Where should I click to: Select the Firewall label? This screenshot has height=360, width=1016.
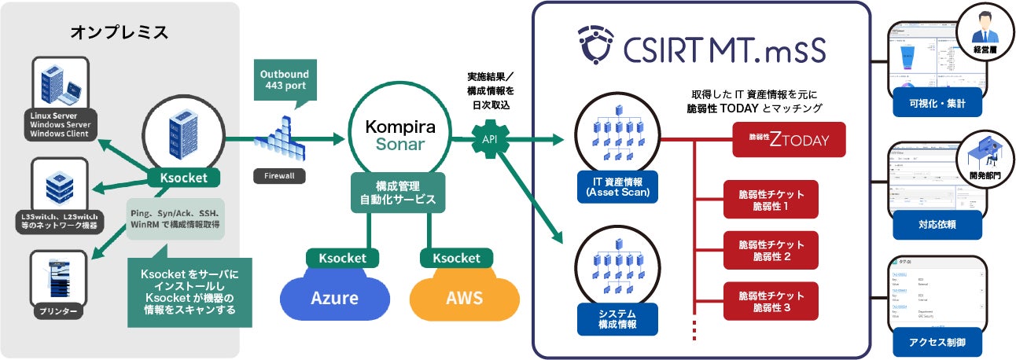click(274, 176)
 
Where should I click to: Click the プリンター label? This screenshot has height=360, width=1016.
click(59, 312)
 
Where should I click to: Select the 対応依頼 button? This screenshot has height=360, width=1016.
click(936, 224)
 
